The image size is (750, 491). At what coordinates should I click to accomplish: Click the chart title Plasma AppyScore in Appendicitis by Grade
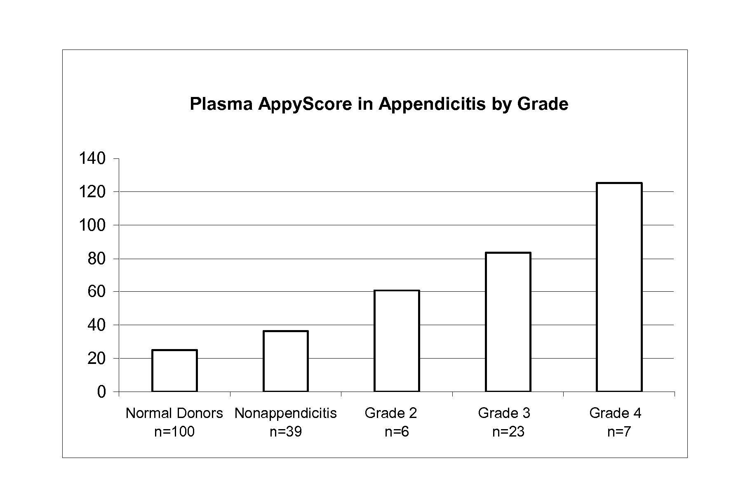point(379,104)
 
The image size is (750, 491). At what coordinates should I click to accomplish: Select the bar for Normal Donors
point(174,371)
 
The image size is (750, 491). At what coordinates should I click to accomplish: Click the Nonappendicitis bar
point(286,361)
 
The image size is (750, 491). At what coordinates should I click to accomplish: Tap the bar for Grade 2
point(397,341)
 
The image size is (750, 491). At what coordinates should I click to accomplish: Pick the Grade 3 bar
point(508,322)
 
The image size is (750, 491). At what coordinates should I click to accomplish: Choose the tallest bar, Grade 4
point(619,287)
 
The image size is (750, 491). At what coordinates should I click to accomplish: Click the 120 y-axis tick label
point(93,192)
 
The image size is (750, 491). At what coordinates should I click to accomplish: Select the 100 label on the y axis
point(93,225)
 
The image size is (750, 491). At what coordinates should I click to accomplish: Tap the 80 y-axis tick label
point(97,259)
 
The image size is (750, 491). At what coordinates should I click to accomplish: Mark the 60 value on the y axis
point(97,292)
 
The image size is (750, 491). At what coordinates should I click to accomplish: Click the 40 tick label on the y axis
point(97,325)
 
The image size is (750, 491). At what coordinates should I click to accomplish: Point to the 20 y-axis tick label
point(97,359)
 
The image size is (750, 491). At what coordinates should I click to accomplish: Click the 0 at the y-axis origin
point(102,392)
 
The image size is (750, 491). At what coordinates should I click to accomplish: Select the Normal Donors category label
point(174,413)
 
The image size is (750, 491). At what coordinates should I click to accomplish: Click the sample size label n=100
point(174,432)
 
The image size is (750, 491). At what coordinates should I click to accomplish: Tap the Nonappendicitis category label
point(286,413)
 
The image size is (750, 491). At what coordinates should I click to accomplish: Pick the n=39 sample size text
point(286,432)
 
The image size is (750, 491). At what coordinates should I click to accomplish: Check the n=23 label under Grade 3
point(508,432)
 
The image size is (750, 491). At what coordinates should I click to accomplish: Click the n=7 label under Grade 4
point(619,432)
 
